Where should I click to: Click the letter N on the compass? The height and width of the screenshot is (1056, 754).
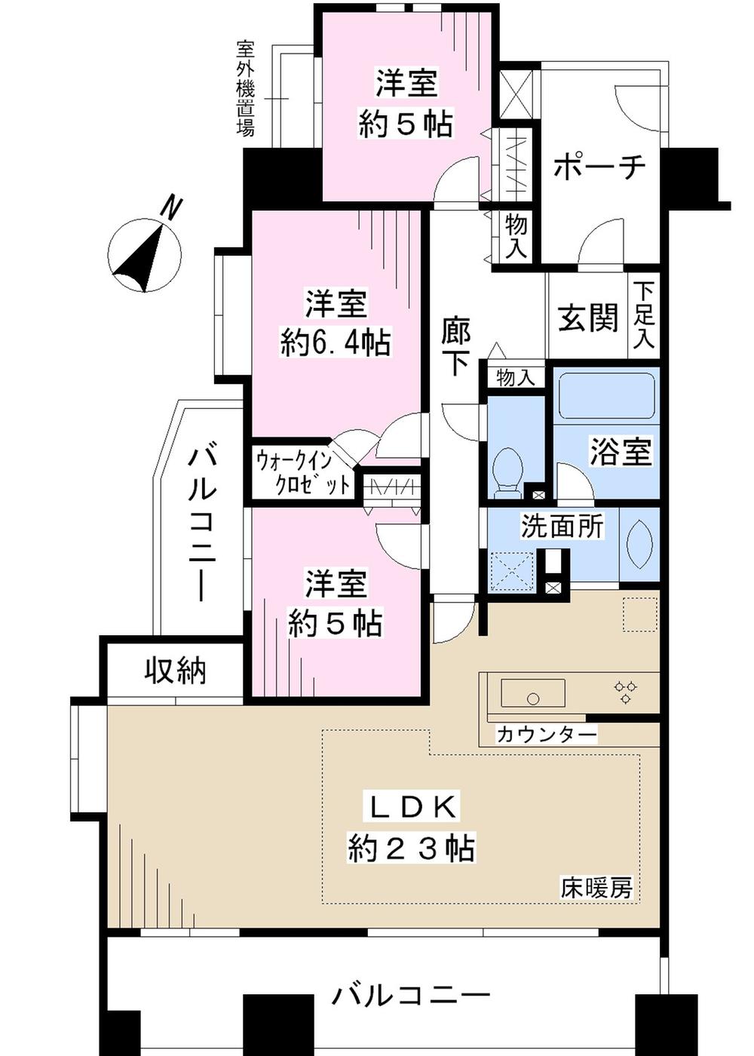(x=173, y=207)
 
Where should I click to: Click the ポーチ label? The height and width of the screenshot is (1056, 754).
(x=599, y=166)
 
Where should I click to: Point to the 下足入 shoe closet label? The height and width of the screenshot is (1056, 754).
(x=643, y=315)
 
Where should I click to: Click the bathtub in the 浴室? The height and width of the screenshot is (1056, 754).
(x=606, y=395)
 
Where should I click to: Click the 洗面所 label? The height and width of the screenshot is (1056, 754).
(x=562, y=526)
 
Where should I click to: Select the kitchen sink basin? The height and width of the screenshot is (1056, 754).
(x=533, y=694)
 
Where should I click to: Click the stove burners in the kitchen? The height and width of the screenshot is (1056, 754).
(x=625, y=692)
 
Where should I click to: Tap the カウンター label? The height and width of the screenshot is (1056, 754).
(x=546, y=734)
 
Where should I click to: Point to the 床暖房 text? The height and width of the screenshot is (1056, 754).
(x=596, y=889)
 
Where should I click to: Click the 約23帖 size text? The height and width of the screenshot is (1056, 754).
(x=411, y=849)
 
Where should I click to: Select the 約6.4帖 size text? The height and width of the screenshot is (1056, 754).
(x=336, y=343)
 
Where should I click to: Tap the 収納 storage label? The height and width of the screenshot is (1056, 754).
(x=175, y=670)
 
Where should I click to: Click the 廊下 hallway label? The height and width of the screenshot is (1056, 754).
(x=455, y=347)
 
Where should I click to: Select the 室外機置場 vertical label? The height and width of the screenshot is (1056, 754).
(x=245, y=88)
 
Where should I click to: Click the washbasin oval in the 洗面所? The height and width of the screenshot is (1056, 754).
(x=638, y=544)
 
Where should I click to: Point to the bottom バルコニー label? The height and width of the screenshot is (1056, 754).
(x=411, y=996)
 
